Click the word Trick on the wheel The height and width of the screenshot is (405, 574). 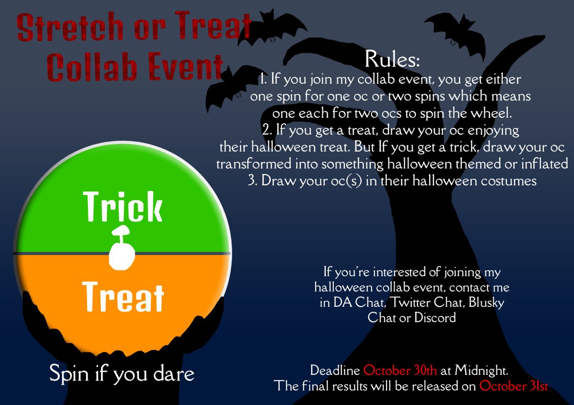pyautogui.click(x=123, y=207)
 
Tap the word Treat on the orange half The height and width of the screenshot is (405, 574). pyautogui.click(x=123, y=297)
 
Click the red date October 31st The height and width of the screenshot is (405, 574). pyautogui.click(x=514, y=385)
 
